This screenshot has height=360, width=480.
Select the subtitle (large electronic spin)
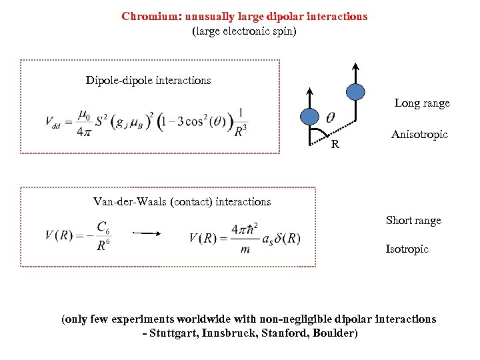pos(244,31)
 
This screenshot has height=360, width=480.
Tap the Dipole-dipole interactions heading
pos(148,81)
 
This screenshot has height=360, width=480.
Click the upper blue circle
pos(356,91)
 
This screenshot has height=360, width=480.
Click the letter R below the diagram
pos(335,145)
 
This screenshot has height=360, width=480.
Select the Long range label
pos(422,103)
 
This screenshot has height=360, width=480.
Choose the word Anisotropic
pos(419,135)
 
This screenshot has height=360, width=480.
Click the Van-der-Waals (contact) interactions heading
pos(182,201)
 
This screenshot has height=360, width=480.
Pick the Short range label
pos(413,221)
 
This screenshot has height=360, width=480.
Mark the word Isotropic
pos(407,249)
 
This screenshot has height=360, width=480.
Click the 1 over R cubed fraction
pos(240,123)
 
